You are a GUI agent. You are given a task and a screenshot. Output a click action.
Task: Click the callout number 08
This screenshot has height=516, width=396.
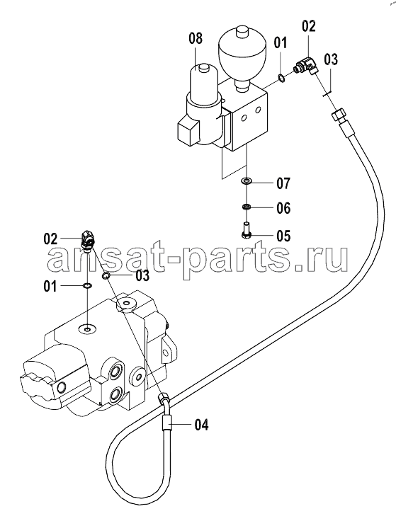pos(196,39)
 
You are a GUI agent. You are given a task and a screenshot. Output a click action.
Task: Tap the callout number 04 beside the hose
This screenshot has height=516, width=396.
pos(201,425)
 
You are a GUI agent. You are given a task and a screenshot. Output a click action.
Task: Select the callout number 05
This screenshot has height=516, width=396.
pos(283,236)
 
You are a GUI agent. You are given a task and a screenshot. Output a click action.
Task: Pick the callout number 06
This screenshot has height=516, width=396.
pos(283,208)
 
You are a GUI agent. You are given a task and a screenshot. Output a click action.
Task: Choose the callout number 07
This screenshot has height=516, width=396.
pos(283,183)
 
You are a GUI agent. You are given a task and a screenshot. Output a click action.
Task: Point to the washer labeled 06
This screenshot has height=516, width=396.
pos(247,207)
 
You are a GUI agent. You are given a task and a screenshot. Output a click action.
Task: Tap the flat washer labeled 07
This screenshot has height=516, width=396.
pos(247,180)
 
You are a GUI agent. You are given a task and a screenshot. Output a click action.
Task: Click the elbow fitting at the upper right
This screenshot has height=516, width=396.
pos(305,66)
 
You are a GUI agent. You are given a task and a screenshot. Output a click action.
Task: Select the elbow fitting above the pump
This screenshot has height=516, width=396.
pos(88,239)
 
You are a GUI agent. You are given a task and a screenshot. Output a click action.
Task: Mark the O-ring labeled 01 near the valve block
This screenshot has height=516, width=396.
pos(282,78)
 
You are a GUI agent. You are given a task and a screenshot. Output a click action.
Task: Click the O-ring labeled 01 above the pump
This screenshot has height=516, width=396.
pos(87,286)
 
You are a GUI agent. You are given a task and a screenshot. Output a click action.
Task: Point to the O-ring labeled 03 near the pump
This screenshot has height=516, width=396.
pos(106,276)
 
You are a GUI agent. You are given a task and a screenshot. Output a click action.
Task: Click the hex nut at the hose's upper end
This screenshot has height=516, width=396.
pos(338,116)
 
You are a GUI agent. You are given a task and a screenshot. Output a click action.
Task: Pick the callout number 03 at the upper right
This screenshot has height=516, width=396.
pos(330,60)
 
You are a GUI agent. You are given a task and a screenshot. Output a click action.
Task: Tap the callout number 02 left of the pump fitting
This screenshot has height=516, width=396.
pos(50,239)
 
